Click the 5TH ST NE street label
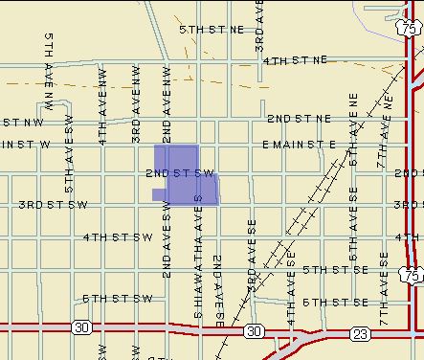[x=212, y=30]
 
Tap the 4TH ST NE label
[x=295, y=59]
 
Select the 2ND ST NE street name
[x=299, y=119]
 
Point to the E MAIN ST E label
[x=299, y=145]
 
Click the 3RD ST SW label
[x=53, y=205]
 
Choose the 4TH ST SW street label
[x=118, y=236]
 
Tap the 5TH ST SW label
[x=117, y=299]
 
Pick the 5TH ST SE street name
[x=335, y=270]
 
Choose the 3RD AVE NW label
[x=136, y=98]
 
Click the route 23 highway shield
[x=359, y=332]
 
